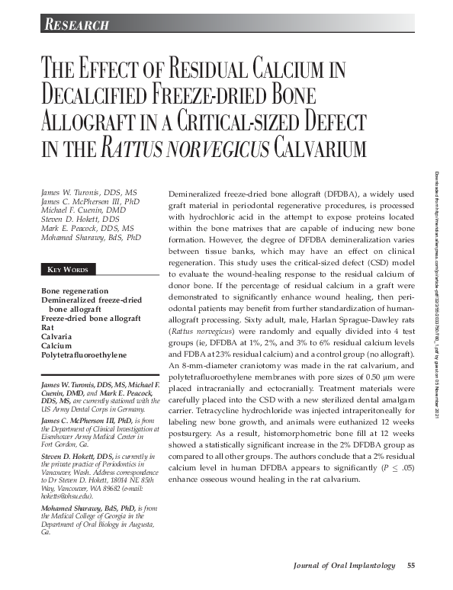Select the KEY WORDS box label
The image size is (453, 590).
pyautogui.click(x=68, y=270)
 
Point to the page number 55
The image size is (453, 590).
pyautogui.click(x=410, y=565)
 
